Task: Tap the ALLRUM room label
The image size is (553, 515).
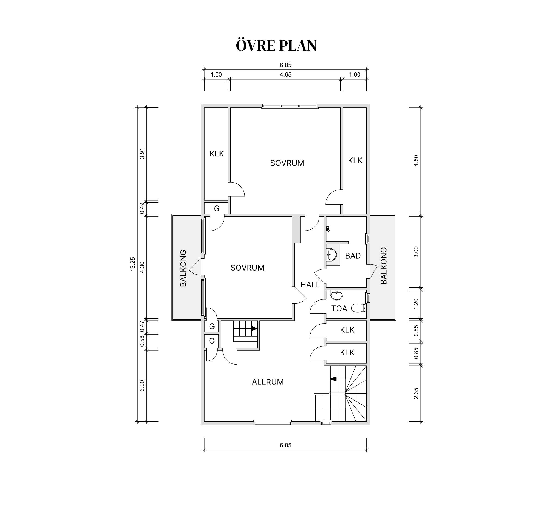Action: click(x=268, y=382)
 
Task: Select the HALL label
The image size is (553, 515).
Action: click(x=310, y=285)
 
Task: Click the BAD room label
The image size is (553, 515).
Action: click(x=353, y=256)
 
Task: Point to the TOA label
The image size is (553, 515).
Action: click(x=339, y=308)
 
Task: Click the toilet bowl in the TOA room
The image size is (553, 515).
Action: click(x=359, y=308)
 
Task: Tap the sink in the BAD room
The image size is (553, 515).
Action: click(x=332, y=254)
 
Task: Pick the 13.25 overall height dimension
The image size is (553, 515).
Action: click(x=133, y=264)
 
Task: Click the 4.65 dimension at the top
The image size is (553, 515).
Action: click(x=285, y=75)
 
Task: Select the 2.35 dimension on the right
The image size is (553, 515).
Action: click(x=416, y=393)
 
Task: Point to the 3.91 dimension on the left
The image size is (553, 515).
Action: click(x=142, y=153)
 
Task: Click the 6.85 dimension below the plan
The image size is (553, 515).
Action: click(x=285, y=445)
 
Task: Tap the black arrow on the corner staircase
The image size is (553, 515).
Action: click(x=333, y=379)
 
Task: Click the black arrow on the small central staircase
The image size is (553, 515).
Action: click(x=254, y=329)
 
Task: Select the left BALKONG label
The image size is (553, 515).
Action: click(x=183, y=268)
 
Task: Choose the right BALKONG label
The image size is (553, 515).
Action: click(x=384, y=266)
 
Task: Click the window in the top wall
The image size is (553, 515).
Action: click(x=290, y=106)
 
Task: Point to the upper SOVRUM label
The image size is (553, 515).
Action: click(x=287, y=163)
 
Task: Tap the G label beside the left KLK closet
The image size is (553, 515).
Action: click(x=216, y=208)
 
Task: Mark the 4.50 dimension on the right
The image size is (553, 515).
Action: click(x=416, y=160)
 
